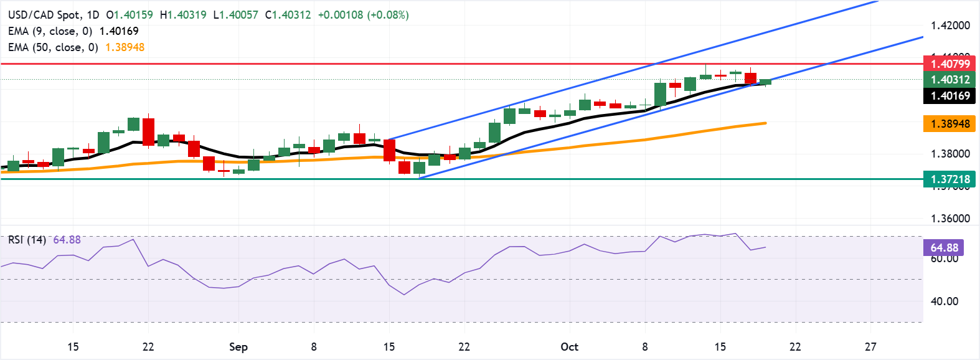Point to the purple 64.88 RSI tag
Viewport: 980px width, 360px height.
[944, 247]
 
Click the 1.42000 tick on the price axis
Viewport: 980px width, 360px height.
[950, 26]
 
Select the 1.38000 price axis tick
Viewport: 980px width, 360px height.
[950, 154]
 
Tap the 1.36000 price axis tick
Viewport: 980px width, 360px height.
[950, 219]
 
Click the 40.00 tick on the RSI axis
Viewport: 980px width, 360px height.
[944, 301]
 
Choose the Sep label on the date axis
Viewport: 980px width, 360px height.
[238, 347]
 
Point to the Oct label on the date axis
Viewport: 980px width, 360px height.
[569, 347]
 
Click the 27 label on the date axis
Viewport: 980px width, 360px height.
[870, 347]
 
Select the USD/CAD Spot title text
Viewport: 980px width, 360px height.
[45, 14]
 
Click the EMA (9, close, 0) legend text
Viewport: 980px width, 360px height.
[50, 31]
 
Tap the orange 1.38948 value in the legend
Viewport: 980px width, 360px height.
[125, 47]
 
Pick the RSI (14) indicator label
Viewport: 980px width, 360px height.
[27, 240]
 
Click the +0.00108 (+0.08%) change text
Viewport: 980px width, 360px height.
[363, 14]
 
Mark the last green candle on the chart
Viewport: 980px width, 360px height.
[765, 82]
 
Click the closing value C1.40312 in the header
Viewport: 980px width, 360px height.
[288, 14]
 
